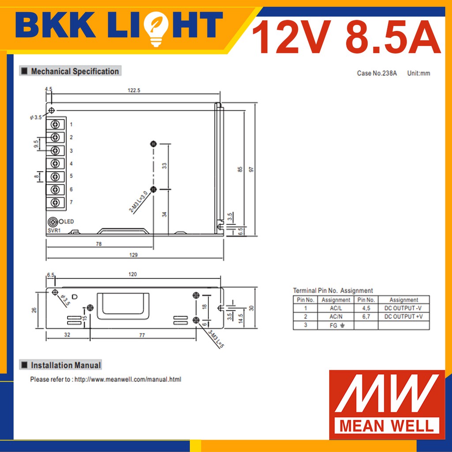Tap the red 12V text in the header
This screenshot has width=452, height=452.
pyautogui.click(x=291, y=37)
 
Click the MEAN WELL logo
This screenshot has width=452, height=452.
pyautogui.click(x=387, y=404)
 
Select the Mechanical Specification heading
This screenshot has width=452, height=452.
pyautogui.click(x=75, y=71)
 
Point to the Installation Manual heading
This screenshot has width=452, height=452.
pyautogui.click(x=66, y=365)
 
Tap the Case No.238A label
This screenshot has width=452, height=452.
pyautogui.click(x=377, y=73)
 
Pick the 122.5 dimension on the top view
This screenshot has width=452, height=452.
pyautogui.click(x=134, y=90)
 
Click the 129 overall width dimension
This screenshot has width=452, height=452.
pyautogui.click(x=133, y=255)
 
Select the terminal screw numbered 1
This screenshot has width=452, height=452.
pyautogui.click(x=55, y=124)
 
